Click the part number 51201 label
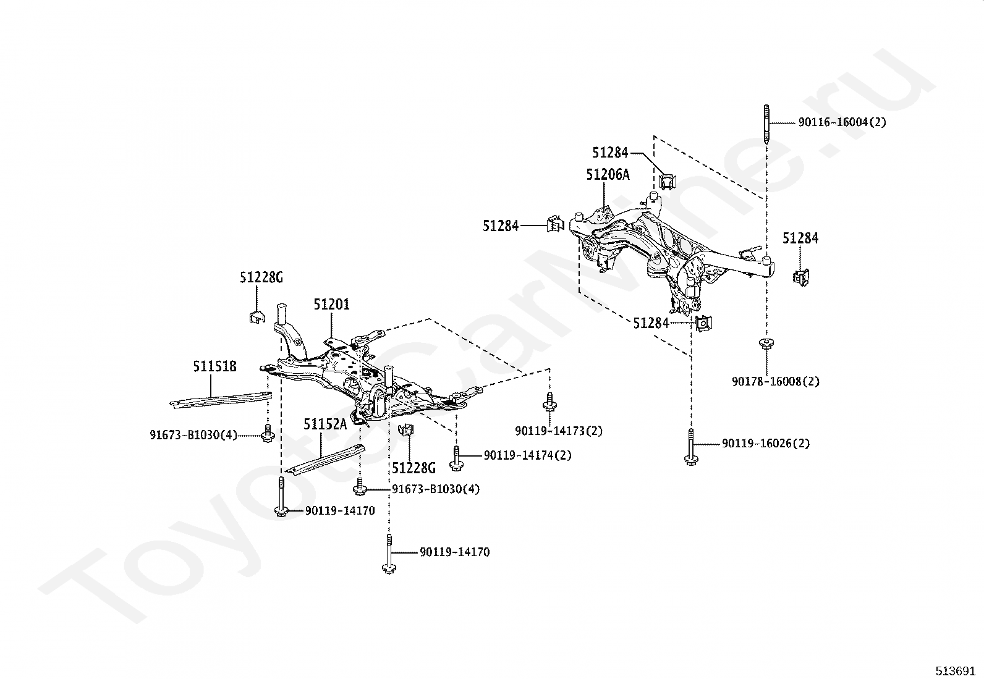[x=331, y=304]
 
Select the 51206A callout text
[x=608, y=174]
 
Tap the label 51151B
[x=215, y=366]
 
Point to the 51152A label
[x=325, y=424]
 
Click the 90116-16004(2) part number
[x=842, y=122]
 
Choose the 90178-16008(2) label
[x=776, y=381]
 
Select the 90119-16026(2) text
[x=766, y=443]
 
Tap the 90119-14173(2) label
[x=559, y=431]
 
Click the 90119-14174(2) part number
[x=528, y=455]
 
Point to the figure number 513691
[x=955, y=670]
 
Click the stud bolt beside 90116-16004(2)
[x=766, y=125]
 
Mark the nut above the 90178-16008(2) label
[x=766, y=344]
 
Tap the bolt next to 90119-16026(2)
[x=692, y=447]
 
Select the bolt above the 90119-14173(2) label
[x=549, y=402]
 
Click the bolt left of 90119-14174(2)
[x=456, y=458]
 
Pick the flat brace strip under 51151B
[x=221, y=399]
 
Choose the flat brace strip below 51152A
[x=325, y=460]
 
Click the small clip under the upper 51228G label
[x=257, y=317]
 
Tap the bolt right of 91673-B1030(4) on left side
[x=268, y=433]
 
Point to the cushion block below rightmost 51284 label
[x=801, y=277]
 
